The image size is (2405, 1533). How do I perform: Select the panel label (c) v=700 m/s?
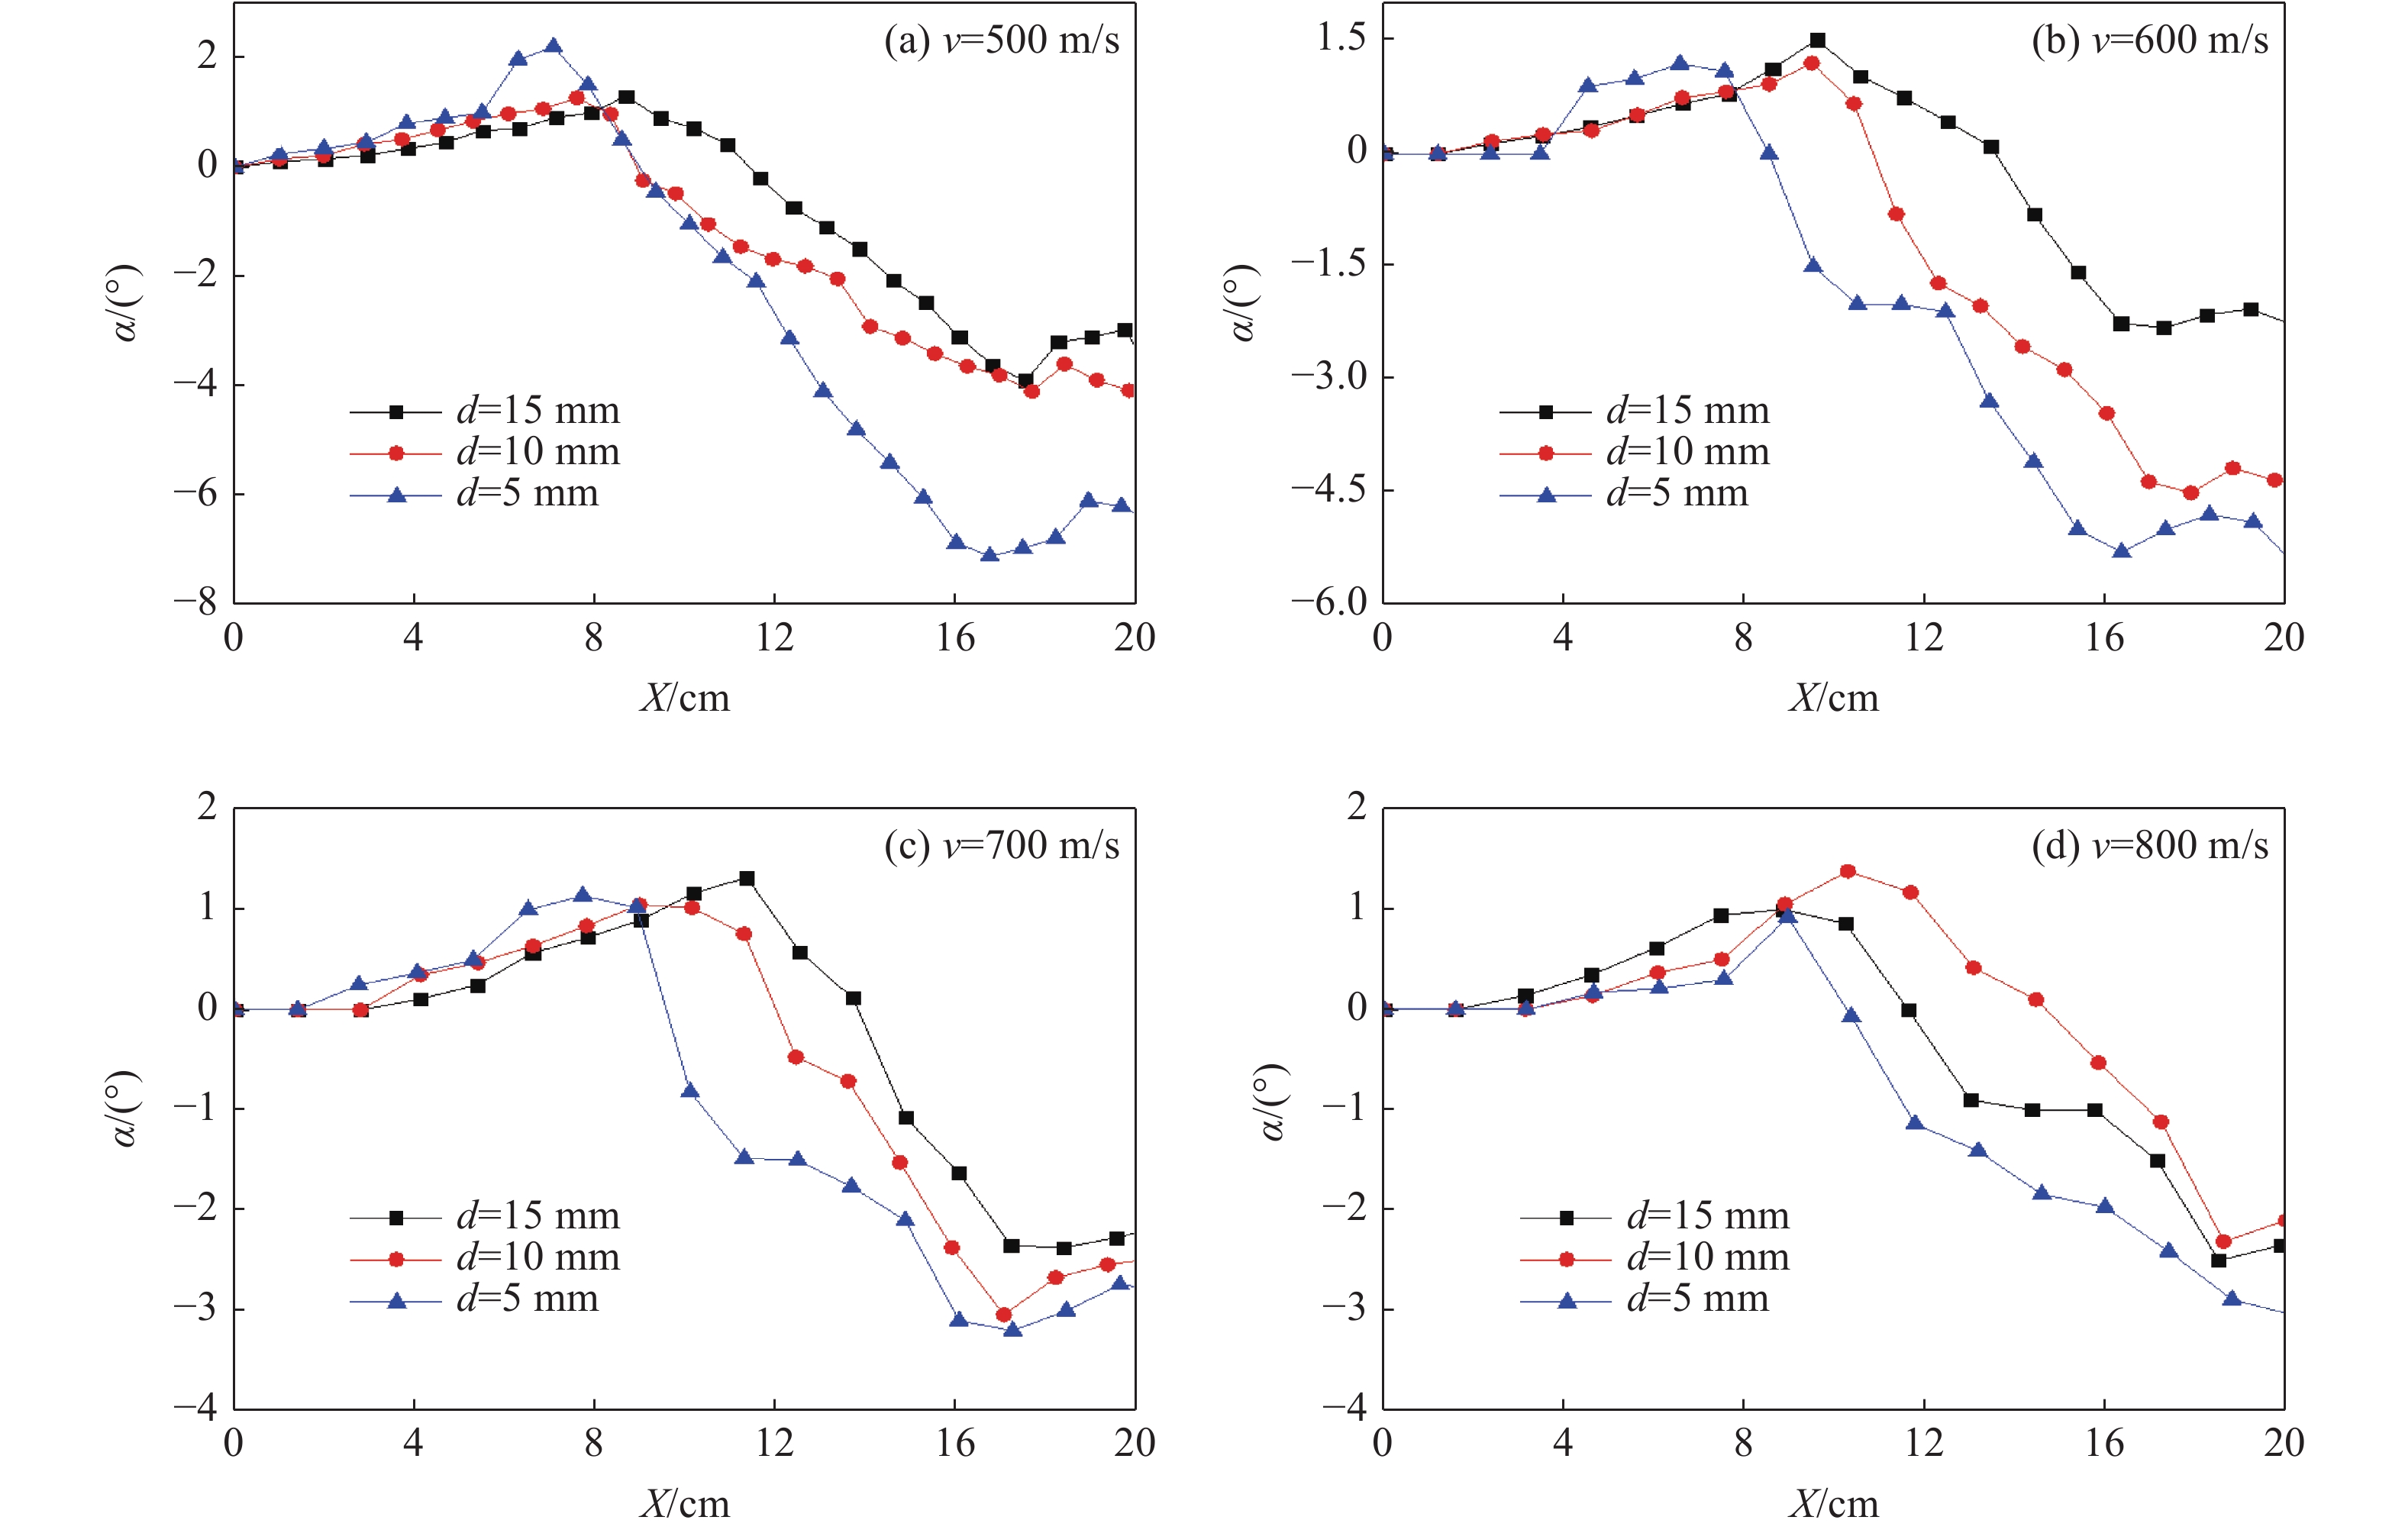1002,846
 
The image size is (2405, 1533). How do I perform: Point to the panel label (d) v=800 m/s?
2149,846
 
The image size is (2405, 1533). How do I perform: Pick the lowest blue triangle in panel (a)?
989,554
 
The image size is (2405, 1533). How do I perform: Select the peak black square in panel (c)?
746,879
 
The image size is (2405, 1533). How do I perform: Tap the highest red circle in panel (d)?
1848,872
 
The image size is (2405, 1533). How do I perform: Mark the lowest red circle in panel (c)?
1004,1315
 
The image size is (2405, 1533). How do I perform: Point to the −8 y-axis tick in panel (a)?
195,602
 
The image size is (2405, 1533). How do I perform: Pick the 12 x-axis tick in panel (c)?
774,1443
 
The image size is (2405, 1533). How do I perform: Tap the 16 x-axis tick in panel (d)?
2103,1443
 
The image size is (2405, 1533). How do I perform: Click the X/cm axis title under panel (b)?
1832,698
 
